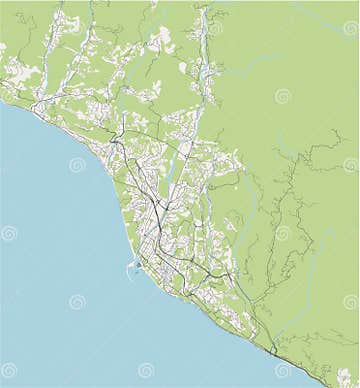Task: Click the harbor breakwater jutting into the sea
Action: pyautogui.click(x=130, y=268)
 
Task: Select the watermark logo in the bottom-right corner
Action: pyautogui.click(x=346, y=377)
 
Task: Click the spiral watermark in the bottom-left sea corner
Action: pyautogui.click(x=9, y=370)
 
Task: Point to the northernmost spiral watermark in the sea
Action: pyautogui.click(x=77, y=164)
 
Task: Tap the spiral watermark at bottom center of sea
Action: pyautogui.click(x=146, y=370)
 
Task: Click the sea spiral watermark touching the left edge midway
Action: pyautogui.click(x=9, y=233)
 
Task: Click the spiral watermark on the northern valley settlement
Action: pyautogui.click(x=214, y=28)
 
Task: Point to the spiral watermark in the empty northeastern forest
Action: pyautogui.click(x=283, y=96)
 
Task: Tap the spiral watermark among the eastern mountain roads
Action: pyautogui.click(x=283, y=232)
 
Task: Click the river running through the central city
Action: pyautogui.click(x=170, y=185)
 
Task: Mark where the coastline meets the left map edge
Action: pyautogui.click(x=1, y=98)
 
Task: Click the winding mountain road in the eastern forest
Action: pyautogui.click(x=300, y=200)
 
